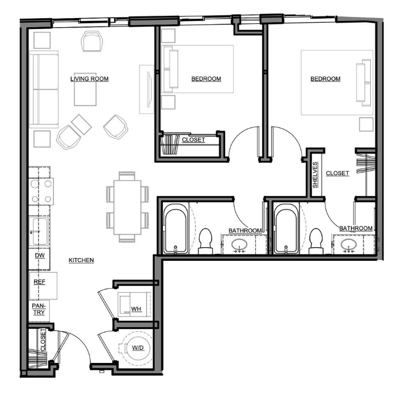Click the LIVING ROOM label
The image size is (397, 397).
90,79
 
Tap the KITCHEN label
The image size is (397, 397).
81,260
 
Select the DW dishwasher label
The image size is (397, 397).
40,255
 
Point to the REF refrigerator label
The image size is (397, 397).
40,282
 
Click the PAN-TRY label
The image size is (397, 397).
39,309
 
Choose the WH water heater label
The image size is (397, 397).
136,309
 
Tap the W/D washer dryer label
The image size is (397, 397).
138,348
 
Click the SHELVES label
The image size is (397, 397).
315,175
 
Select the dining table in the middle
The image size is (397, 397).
128,207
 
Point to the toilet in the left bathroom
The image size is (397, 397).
205,241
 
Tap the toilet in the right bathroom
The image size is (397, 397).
316,241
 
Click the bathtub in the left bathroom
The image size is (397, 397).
176,229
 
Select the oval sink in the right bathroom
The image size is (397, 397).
349,245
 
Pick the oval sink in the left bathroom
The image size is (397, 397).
239,245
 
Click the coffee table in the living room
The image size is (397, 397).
85,90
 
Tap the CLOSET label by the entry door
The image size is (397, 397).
43,340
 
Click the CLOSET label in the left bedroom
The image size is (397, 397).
193,140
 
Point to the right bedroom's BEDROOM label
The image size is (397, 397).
326,79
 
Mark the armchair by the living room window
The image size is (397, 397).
92,41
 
